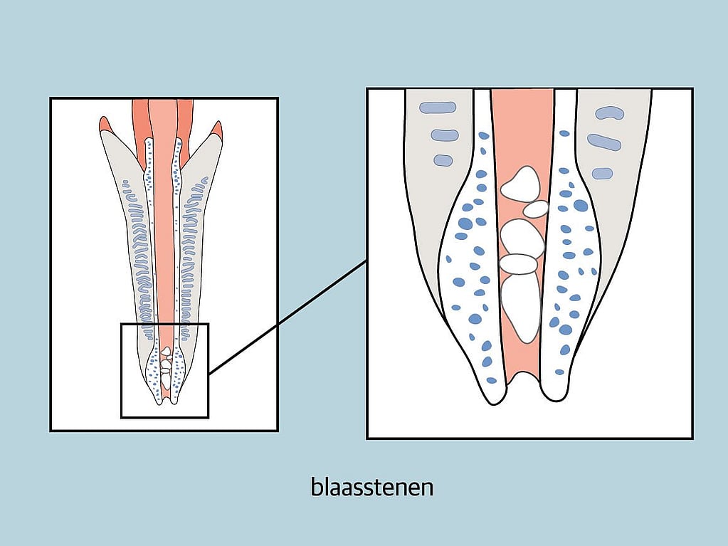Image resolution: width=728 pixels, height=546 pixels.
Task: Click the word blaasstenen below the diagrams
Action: click(372, 488)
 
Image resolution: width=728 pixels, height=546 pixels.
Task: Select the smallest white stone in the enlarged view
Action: click(536, 209)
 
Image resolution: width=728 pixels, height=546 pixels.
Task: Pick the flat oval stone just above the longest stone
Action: click(518, 264)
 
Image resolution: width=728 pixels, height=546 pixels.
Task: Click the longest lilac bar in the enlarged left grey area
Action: click(438, 107)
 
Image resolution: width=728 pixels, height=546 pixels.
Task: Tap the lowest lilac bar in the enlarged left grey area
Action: click(443, 160)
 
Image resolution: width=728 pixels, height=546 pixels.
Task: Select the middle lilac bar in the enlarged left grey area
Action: click(445, 135)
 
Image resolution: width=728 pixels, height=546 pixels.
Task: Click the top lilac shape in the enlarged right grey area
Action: click(609, 112)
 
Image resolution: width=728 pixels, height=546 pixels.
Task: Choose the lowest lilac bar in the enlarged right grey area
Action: click(602, 173)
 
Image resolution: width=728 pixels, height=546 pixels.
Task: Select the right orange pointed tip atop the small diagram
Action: click(216, 129)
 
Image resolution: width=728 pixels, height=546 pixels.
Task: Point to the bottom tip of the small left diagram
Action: click(166, 401)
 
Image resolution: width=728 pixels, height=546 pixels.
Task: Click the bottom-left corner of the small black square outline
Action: click(122, 416)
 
